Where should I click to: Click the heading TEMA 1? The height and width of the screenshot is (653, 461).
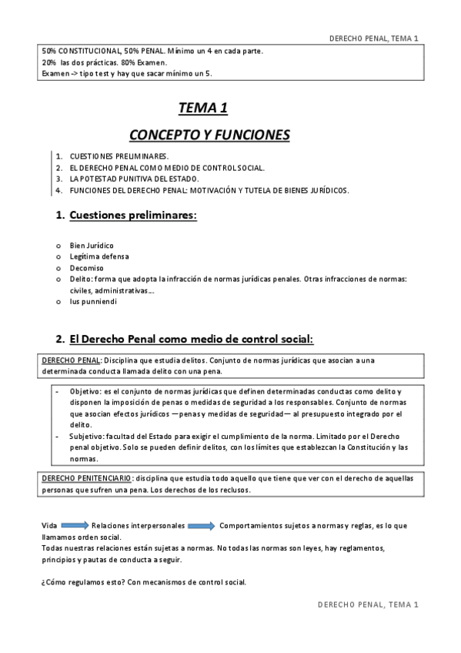click(x=202, y=109)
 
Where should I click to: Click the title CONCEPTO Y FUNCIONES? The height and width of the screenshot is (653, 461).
click(x=209, y=136)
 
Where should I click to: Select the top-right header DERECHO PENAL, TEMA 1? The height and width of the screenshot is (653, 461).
click(x=373, y=38)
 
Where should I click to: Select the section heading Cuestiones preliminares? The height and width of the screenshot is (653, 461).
click(x=133, y=216)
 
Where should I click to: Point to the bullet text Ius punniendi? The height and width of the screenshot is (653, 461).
click(x=93, y=302)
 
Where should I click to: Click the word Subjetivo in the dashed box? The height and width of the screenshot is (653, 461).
click(x=86, y=437)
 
